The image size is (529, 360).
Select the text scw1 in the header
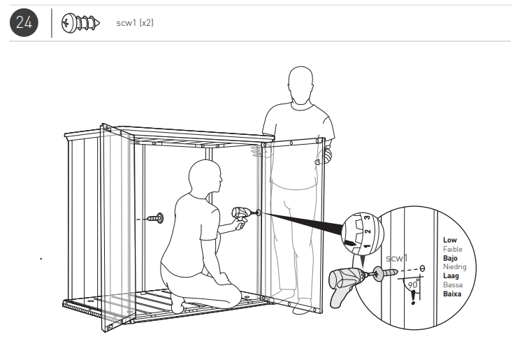coord(126,23)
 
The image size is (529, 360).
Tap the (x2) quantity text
coord(146,23)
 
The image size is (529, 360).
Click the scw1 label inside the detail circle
coord(396,258)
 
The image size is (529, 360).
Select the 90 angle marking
coord(412,285)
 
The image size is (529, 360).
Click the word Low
coord(449,240)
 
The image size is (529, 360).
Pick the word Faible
coord(452,250)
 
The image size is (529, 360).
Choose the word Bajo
coord(450,259)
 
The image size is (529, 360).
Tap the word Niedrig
coord(454,267)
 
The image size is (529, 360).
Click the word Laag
coord(451,276)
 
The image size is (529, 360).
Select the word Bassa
coord(452,285)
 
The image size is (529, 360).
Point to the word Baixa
coord(452,294)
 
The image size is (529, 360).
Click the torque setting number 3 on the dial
coord(368,218)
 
